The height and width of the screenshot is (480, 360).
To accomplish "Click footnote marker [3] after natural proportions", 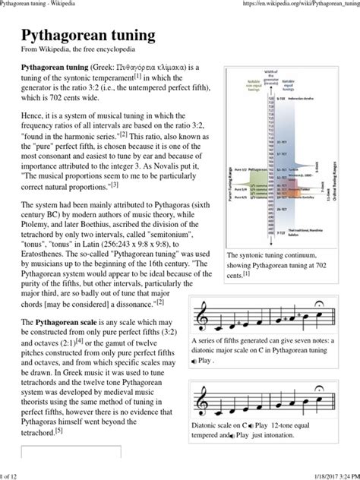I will (x=114, y=183).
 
